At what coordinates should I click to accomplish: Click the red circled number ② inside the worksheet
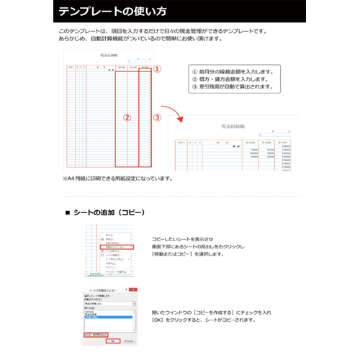pos(127,117)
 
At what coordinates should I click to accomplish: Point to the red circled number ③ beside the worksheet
pos(158,117)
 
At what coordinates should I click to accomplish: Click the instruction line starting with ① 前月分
pos(231,71)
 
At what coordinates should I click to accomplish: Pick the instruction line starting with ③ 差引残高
pos(231,86)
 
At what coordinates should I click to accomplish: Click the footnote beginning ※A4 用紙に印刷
pos(117,178)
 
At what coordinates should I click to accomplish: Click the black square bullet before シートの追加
pos(68,212)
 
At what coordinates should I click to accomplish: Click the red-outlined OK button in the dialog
pos(112,341)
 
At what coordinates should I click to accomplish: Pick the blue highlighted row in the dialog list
pos(104,315)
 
